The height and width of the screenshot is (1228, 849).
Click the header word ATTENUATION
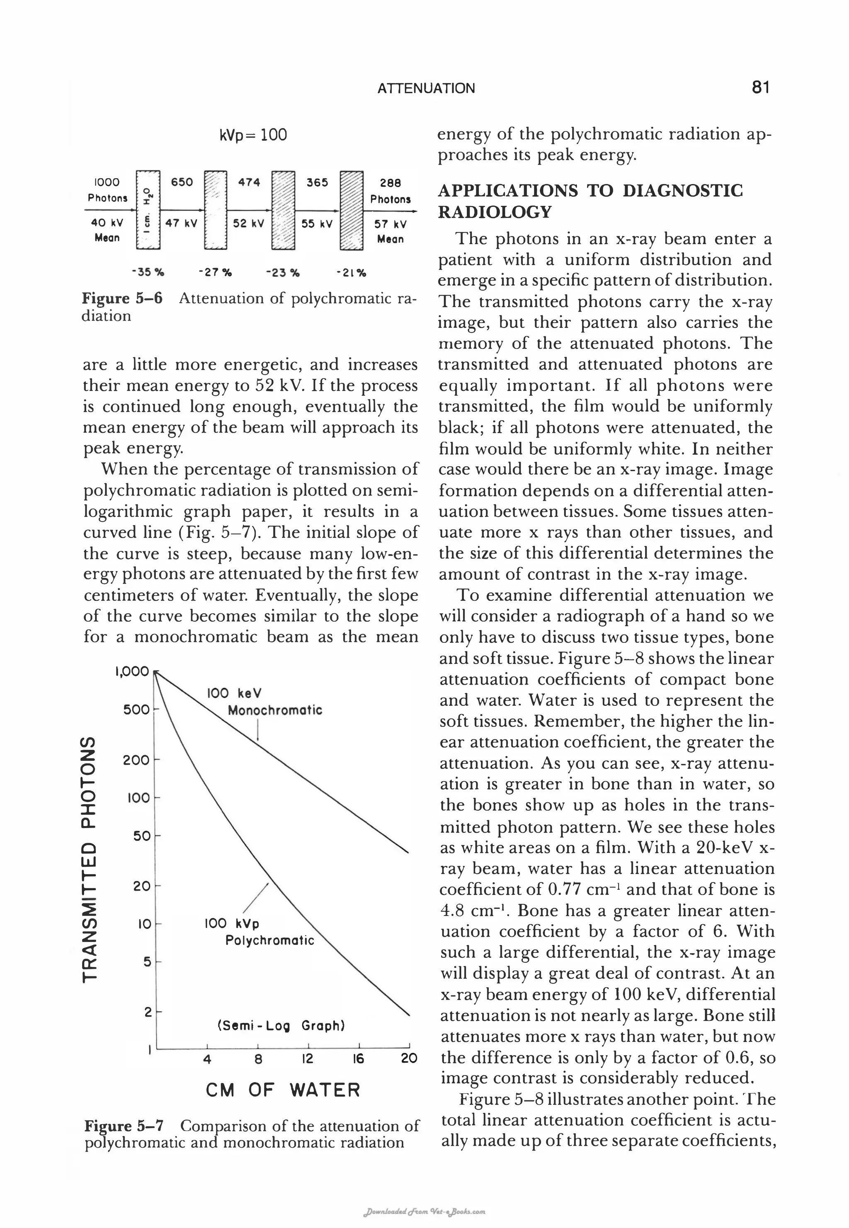pyautogui.click(x=426, y=88)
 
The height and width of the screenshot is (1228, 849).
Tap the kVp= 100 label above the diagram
pyautogui.click(x=253, y=135)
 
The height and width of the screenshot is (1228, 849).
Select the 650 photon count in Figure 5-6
pyautogui.click(x=182, y=182)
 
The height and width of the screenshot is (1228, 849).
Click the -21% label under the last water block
pyautogui.click(x=351, y=274)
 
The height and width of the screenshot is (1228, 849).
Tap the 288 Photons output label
pyautogui.click(x=391, y=190)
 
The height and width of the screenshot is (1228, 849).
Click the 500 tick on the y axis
pyautogui.click(x=136, y=710)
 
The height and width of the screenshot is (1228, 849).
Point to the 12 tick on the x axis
pyautogui.click(x=308, y=1059)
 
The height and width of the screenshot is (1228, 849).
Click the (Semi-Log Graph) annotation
pyautogui.click(x=281, y=1025)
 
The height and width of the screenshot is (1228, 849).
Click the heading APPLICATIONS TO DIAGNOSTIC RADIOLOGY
pyautogui.click(x=590, y=201)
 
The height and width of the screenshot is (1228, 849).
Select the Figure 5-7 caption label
pyautogui.click(x=124, y=1126)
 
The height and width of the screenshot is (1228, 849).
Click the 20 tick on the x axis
pyautogui.click(x=409, y=1059)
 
